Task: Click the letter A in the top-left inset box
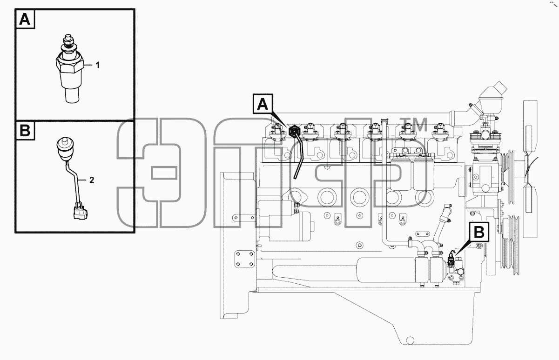25,19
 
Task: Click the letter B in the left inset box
25,130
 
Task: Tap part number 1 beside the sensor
98,65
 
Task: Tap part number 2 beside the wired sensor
92,180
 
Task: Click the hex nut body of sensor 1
69,64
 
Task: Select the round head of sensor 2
65,148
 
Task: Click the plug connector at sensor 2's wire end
81,212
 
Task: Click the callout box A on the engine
263,104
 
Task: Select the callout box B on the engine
479,232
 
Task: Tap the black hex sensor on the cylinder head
294,131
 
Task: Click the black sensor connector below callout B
451,260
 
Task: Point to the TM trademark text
413,124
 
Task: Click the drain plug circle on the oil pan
410,340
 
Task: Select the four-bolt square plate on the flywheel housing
244,259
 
